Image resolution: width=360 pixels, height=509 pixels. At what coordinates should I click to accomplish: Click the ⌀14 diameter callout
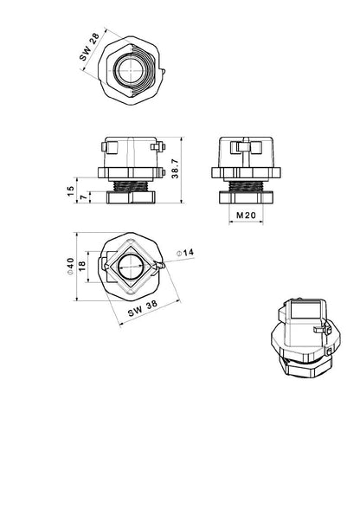[185, 252]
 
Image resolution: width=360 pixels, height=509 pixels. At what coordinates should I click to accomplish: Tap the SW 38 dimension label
[142, 306]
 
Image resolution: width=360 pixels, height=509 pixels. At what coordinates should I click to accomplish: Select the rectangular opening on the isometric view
[304, 309]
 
